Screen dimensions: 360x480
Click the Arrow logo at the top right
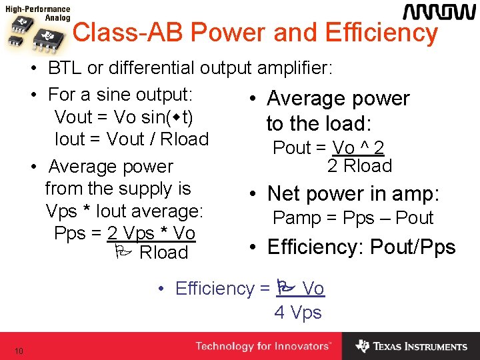coord(438,13)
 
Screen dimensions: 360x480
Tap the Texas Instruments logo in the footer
coord(411,346)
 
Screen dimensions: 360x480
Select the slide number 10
coord(19,351)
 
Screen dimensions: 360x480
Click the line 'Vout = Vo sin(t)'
coord(124,117)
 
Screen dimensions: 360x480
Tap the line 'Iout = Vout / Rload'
coord(131,139)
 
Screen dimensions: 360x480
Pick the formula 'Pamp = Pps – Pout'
coord(353,217)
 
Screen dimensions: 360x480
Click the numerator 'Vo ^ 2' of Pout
coord(358,147)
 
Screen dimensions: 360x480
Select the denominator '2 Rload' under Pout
coord(359,165)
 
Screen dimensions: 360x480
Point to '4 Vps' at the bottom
coord(298,312)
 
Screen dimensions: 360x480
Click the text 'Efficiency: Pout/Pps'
coord(361,247)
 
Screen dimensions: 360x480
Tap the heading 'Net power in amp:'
coord(353,193)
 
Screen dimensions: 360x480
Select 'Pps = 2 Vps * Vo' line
coord(125,233)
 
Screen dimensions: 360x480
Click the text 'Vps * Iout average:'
coord(124,211)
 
